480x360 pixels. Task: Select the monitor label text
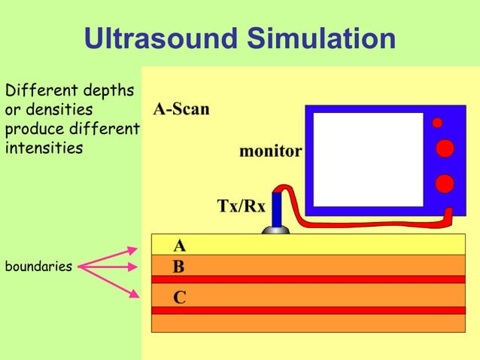[x=270, y=151]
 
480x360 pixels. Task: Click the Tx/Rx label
[x=241, y=206]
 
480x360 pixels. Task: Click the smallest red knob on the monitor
[x=437, y=123]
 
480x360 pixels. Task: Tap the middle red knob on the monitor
[x=445, y=148]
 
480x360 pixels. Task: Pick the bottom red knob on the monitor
[x=445, y=183]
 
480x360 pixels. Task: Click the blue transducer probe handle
[x=276, y=209]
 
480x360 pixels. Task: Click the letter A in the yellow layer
[x=180, y=246]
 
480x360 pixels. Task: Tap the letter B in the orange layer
[x=179, y=267]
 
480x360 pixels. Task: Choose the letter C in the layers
[x=179, y=297]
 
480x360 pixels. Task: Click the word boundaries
[x=38, y=267]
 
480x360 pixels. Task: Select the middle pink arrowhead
[x=134, y=266]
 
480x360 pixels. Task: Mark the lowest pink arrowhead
[x=134, y=294]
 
